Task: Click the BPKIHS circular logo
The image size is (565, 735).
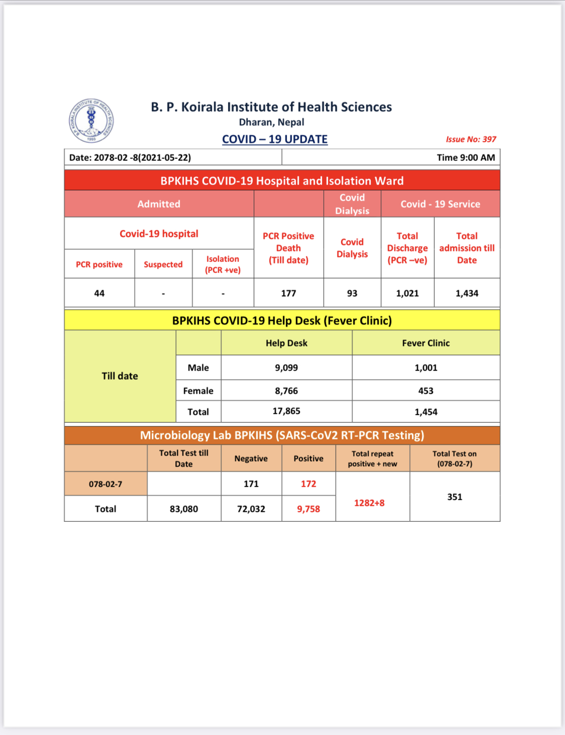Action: point(91,121)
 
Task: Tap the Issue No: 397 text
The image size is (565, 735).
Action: point(471,139)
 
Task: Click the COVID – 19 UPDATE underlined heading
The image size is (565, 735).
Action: point(275,139)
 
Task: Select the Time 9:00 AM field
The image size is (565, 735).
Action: point(466,157)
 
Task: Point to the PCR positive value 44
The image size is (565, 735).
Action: point(99,293)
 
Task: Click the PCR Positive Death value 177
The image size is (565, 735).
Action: point(288,293)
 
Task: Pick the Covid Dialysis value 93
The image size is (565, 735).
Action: point(352,293)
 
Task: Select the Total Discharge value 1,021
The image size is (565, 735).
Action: point(407,293)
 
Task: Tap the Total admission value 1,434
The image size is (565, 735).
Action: point(467,293)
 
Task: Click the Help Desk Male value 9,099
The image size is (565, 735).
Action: point(286,367)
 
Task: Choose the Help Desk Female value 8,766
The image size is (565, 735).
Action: point(286,391)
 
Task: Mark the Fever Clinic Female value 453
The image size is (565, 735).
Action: point(426,391)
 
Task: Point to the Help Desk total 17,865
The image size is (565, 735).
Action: point(286,411)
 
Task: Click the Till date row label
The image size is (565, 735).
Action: point(120,376)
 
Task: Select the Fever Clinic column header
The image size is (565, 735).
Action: point(426,343)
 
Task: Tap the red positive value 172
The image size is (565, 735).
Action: point(308,484)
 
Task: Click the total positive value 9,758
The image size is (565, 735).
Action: point(308,509)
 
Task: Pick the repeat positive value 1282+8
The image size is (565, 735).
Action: point(369,503)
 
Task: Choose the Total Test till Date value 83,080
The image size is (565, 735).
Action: point(184,509)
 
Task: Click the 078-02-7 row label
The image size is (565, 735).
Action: point(105,484)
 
